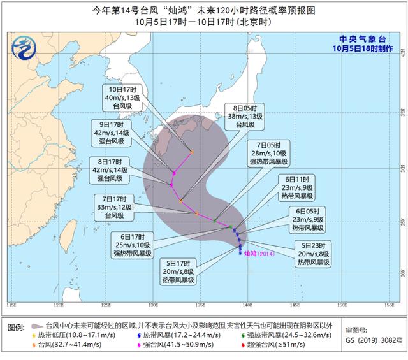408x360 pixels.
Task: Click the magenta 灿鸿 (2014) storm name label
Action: coord(259,253)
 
